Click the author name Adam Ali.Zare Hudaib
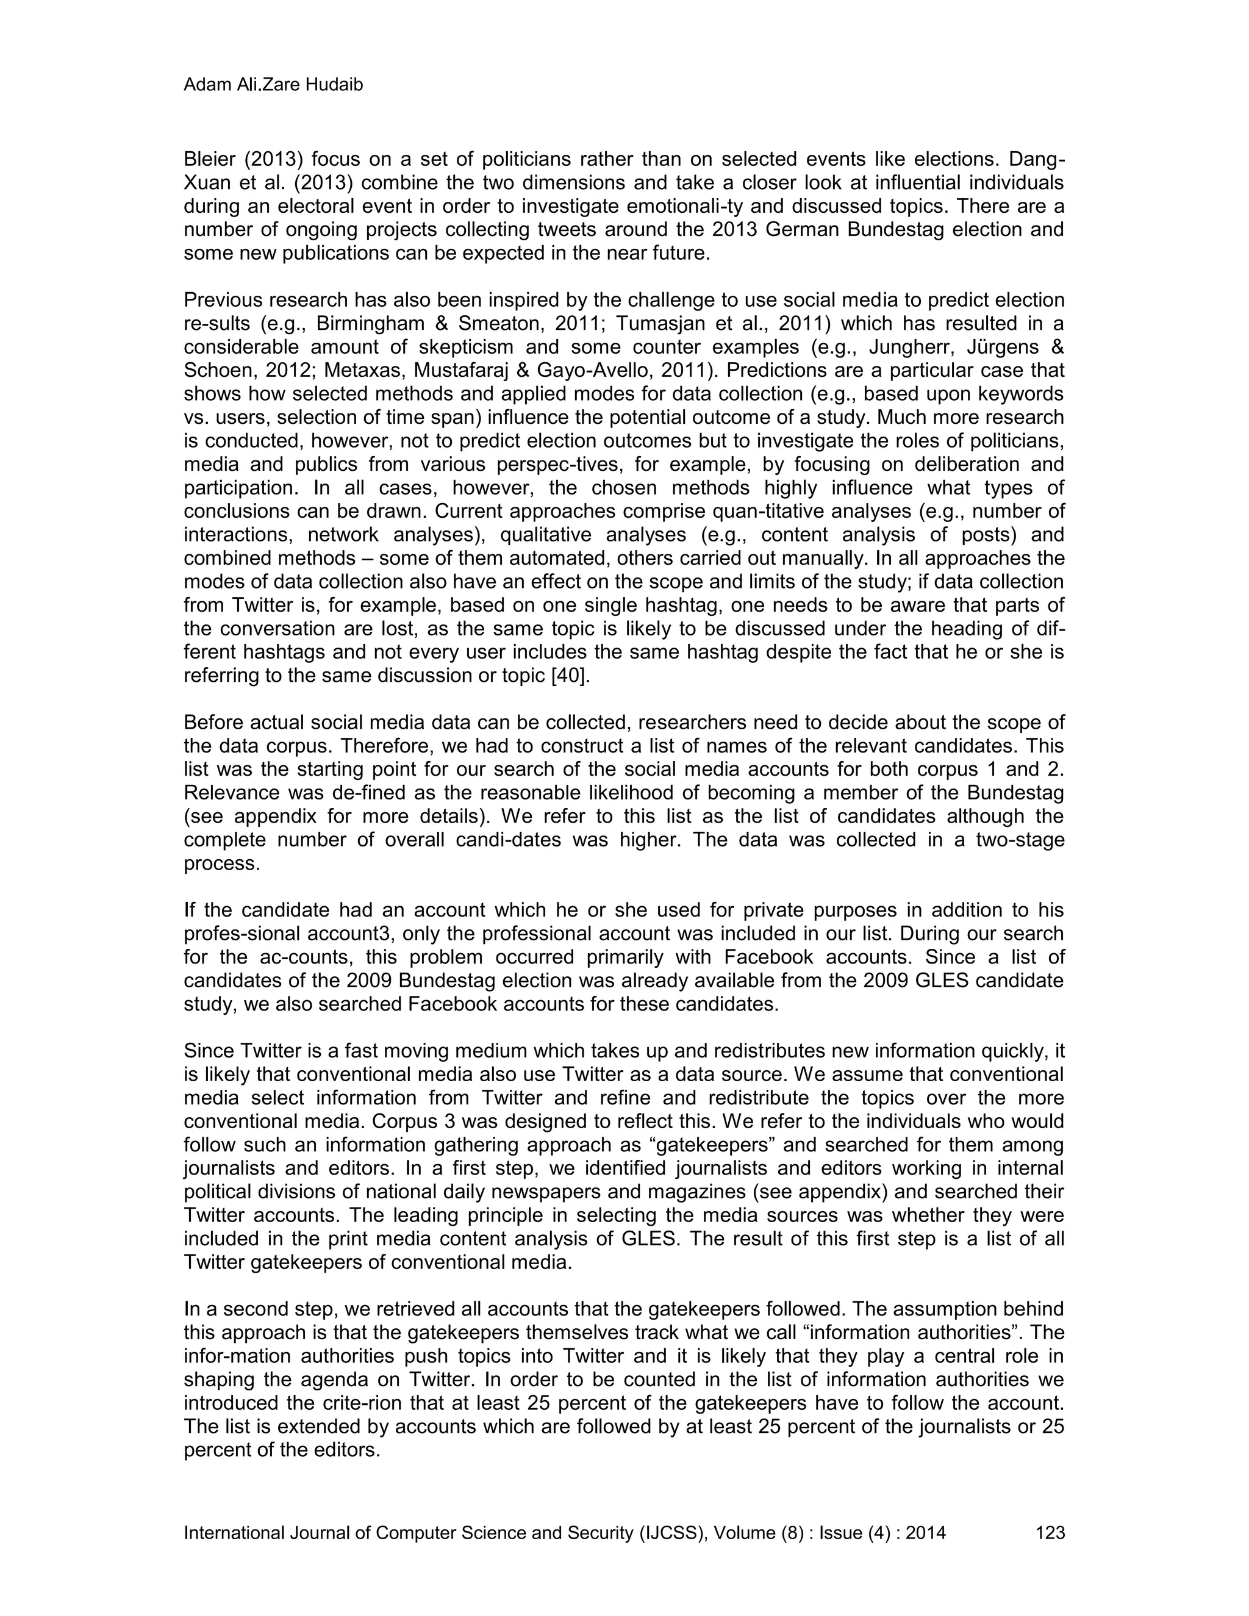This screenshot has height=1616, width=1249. (x=273, y=85)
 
